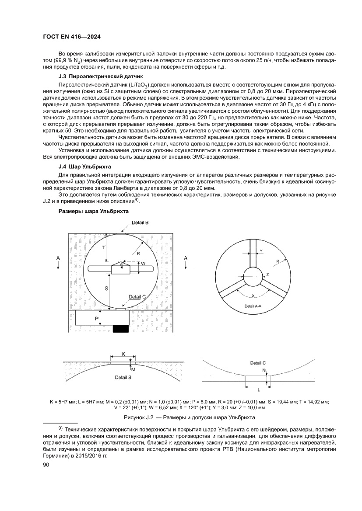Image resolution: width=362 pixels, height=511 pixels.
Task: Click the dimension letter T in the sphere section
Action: pyautogui.click(x=103, y=247)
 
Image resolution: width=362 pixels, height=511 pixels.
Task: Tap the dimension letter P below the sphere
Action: pyautogui.click(x=96, y=319)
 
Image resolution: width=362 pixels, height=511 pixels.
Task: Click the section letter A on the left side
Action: pyautogui.click(x=58, y=259)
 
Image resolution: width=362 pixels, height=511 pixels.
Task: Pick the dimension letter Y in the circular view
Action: pyautogui.click(x=261, y=251)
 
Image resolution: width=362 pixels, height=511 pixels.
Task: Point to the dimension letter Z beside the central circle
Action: pyautogui.click(x=267, y=275)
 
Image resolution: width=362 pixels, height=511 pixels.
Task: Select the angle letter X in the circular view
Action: pyautogui.click(x=253, y=295)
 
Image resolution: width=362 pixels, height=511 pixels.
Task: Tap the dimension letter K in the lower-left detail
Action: pyautogui.click(x=123, y=353)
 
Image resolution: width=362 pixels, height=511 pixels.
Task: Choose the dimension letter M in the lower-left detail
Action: pyautogui.click(x=133, y=369)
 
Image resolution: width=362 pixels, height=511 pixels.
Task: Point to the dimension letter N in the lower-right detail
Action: pyautogui.click(x=264, y=370)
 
